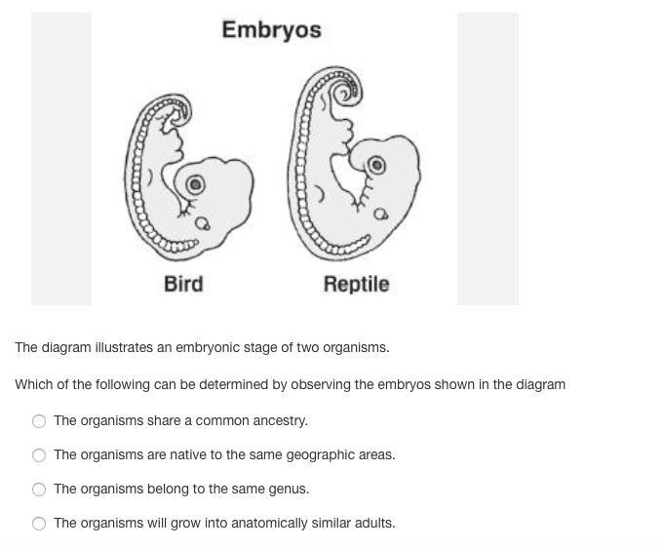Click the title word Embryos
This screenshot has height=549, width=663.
(271, 30)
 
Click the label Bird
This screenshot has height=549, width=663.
(183, 284)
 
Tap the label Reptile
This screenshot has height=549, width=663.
(356, 284)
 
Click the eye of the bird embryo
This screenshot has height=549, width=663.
(195, 184)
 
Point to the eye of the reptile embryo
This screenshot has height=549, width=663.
(376, 165)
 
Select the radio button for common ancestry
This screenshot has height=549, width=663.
(39, 421)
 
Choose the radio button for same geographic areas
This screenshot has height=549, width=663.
(39, 455)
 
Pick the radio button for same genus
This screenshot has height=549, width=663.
(39, 490)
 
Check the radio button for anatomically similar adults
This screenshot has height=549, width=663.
(39, 524)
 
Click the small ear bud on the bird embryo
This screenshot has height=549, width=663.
(202, 223)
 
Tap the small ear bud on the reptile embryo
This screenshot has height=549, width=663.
(380, 214)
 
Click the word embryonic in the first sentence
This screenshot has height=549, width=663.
(204, 348)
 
